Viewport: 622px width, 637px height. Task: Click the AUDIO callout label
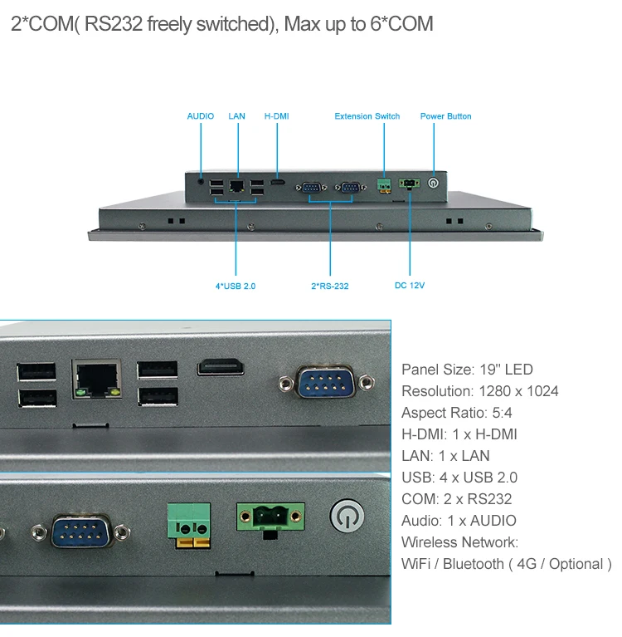200,116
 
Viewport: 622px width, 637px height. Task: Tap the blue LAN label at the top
237,116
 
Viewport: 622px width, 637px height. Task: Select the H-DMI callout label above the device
276,116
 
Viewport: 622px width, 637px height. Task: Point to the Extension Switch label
367,116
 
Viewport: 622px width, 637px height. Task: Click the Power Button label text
445,116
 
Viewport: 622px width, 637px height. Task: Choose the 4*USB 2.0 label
236,287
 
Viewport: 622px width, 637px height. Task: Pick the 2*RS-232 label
329,287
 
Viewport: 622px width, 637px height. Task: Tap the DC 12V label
410,286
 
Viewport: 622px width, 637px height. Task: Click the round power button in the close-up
347,517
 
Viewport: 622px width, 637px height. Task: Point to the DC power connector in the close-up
270,519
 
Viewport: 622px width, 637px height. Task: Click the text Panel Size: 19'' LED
467,370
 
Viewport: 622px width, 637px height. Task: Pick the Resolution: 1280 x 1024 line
479,391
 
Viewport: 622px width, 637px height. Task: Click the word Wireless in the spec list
428,542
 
